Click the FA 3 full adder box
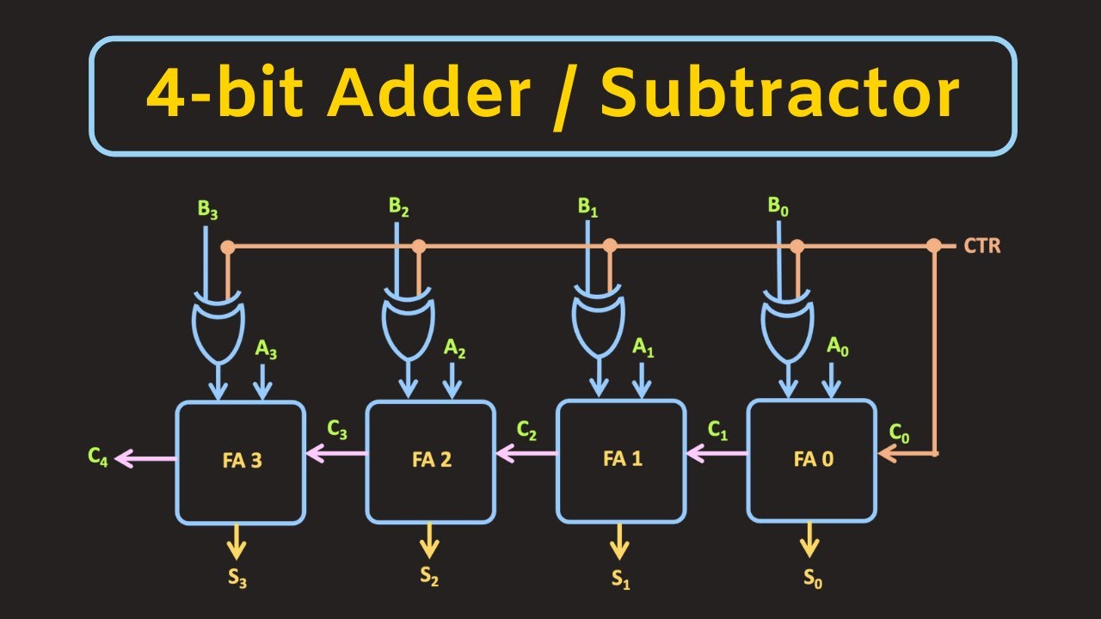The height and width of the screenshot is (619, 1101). click(x=241, y=462)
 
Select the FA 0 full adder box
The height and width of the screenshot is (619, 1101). click(x=812, y=460)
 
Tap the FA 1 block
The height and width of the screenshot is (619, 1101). click(x=621, y=460)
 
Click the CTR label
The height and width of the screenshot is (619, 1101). click(x=981, y=247)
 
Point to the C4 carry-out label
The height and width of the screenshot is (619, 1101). click(x=98, y=457)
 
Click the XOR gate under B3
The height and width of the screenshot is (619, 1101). click(x=215, y=327)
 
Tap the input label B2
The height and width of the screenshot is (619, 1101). click(x=398, y=207)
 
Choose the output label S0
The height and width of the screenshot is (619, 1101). click(x=813, y=580)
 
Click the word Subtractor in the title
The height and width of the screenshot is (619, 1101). click(x=778, y=95)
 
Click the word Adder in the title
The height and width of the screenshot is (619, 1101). click(x=428, y=95)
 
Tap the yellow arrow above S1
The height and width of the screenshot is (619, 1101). click(x=618, y=542)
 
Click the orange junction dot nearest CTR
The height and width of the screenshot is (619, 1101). click(x=934, y=246)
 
